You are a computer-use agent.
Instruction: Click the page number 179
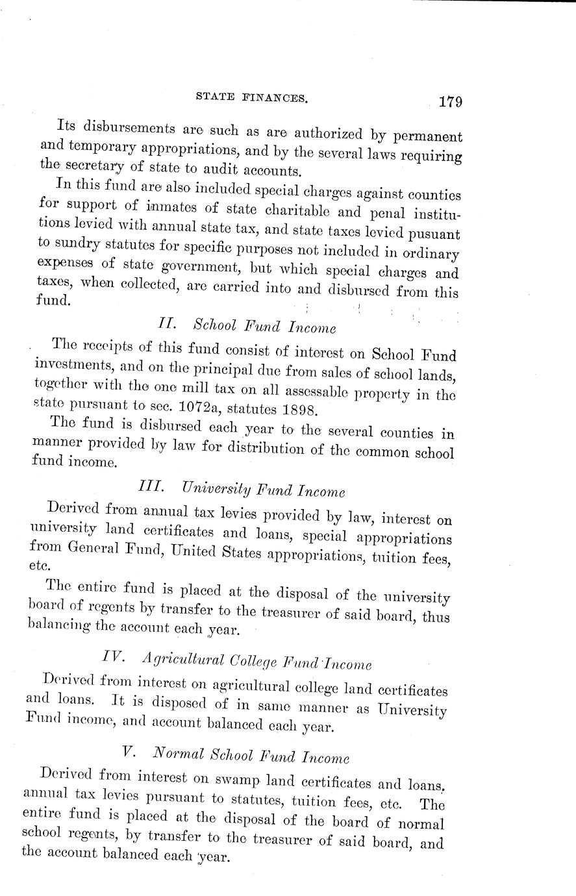pyautogui.click(x=449, y=102)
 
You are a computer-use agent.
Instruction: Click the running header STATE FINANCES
pyautogui.click(x=250, y=97)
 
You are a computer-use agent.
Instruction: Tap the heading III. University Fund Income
pyautogui.click(x=242, y=489)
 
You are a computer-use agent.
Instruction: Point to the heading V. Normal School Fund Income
pyautogui.click(x=236, y=755)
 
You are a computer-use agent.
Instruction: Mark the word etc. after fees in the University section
pyautogui.click(x=42, y=565)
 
